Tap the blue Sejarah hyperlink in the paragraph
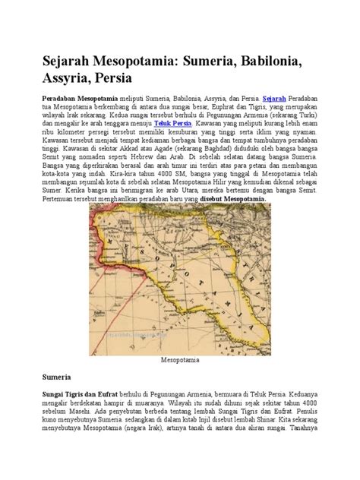[274, 99]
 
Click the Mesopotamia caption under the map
[179, 362]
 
